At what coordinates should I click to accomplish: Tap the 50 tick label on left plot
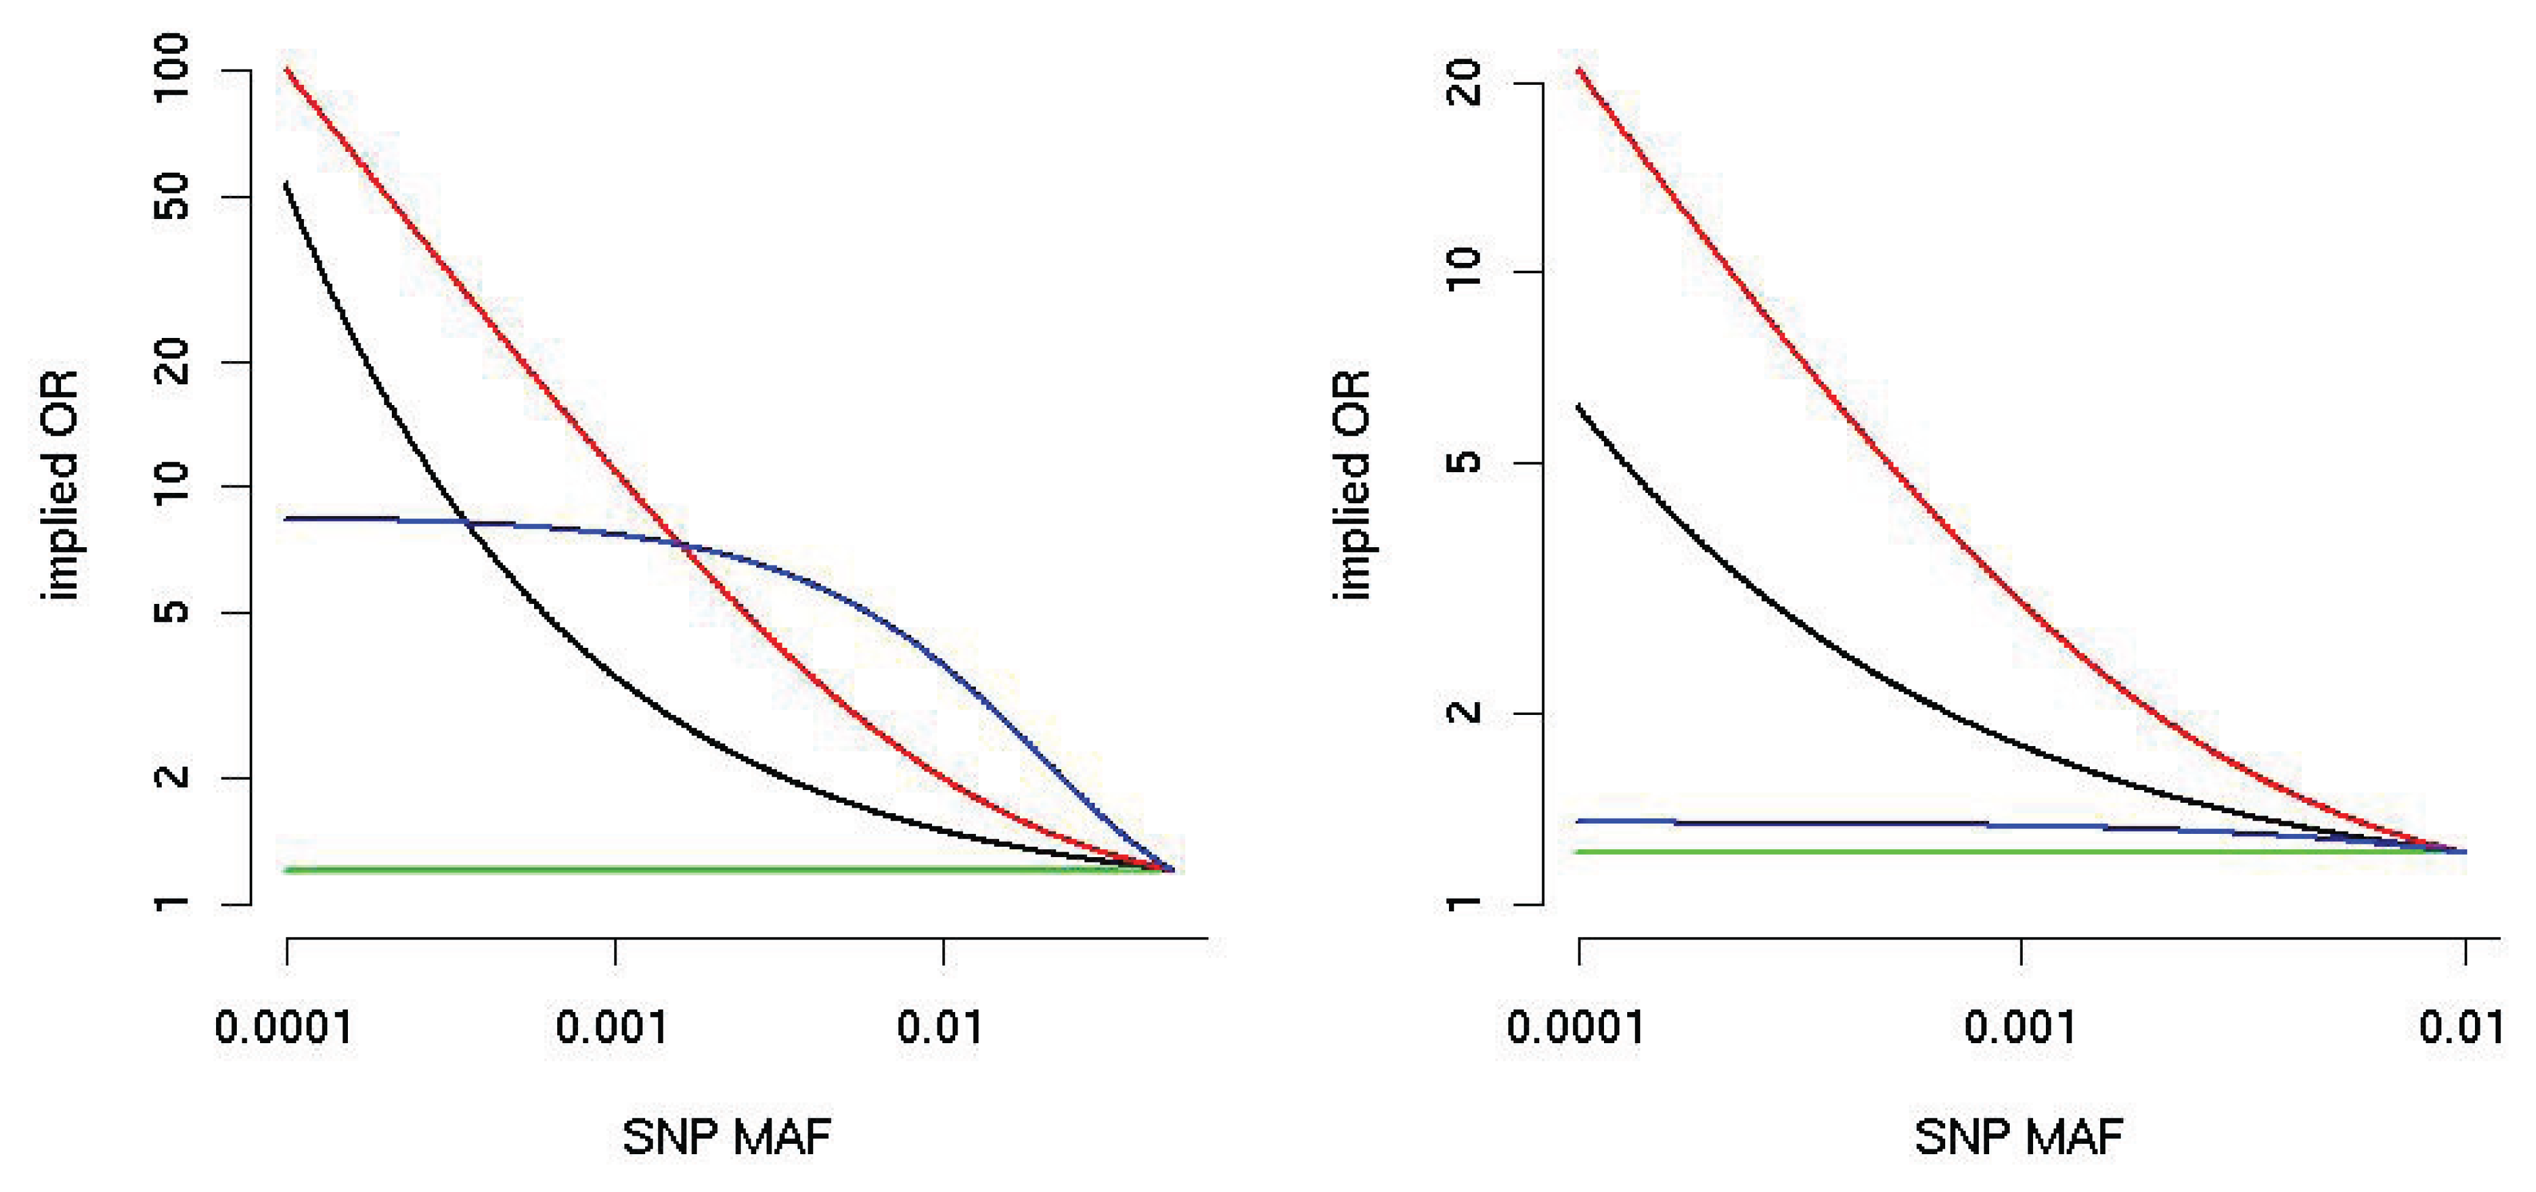coord(172,197)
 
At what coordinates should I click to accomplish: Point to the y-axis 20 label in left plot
coord(172,361)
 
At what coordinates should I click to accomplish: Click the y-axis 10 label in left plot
coord(172,485)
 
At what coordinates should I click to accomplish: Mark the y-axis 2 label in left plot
coord(172,777)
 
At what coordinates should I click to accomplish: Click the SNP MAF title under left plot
coord(726,1138)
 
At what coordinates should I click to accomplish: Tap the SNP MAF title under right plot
coord(2018,1138)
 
